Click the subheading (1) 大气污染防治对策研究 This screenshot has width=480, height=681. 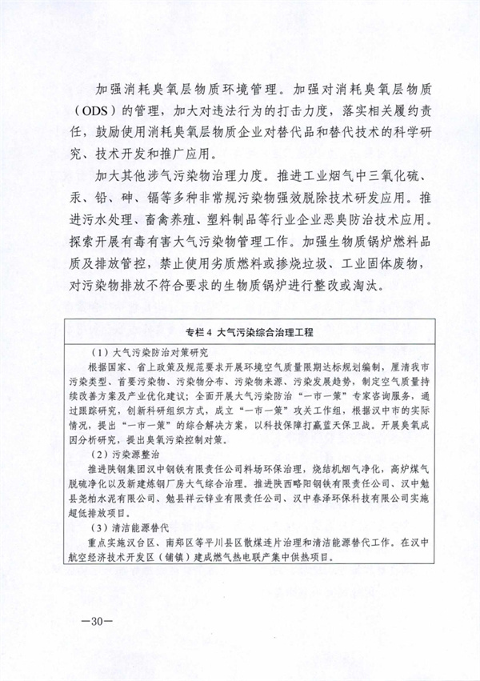[x=144, y=351]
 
